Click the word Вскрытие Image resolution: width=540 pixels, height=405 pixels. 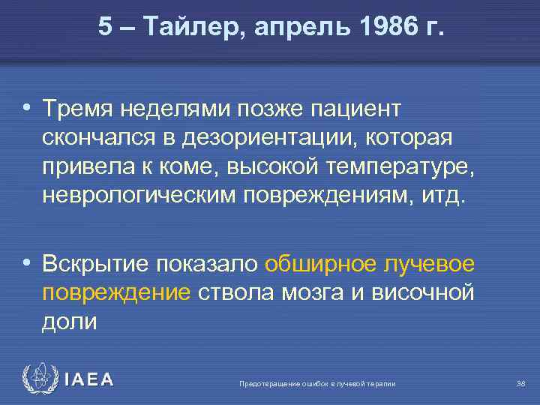96,264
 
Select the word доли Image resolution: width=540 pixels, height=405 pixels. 70,320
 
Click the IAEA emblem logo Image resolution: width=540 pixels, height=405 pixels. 39,380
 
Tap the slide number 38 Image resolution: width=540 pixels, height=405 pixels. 520,384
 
